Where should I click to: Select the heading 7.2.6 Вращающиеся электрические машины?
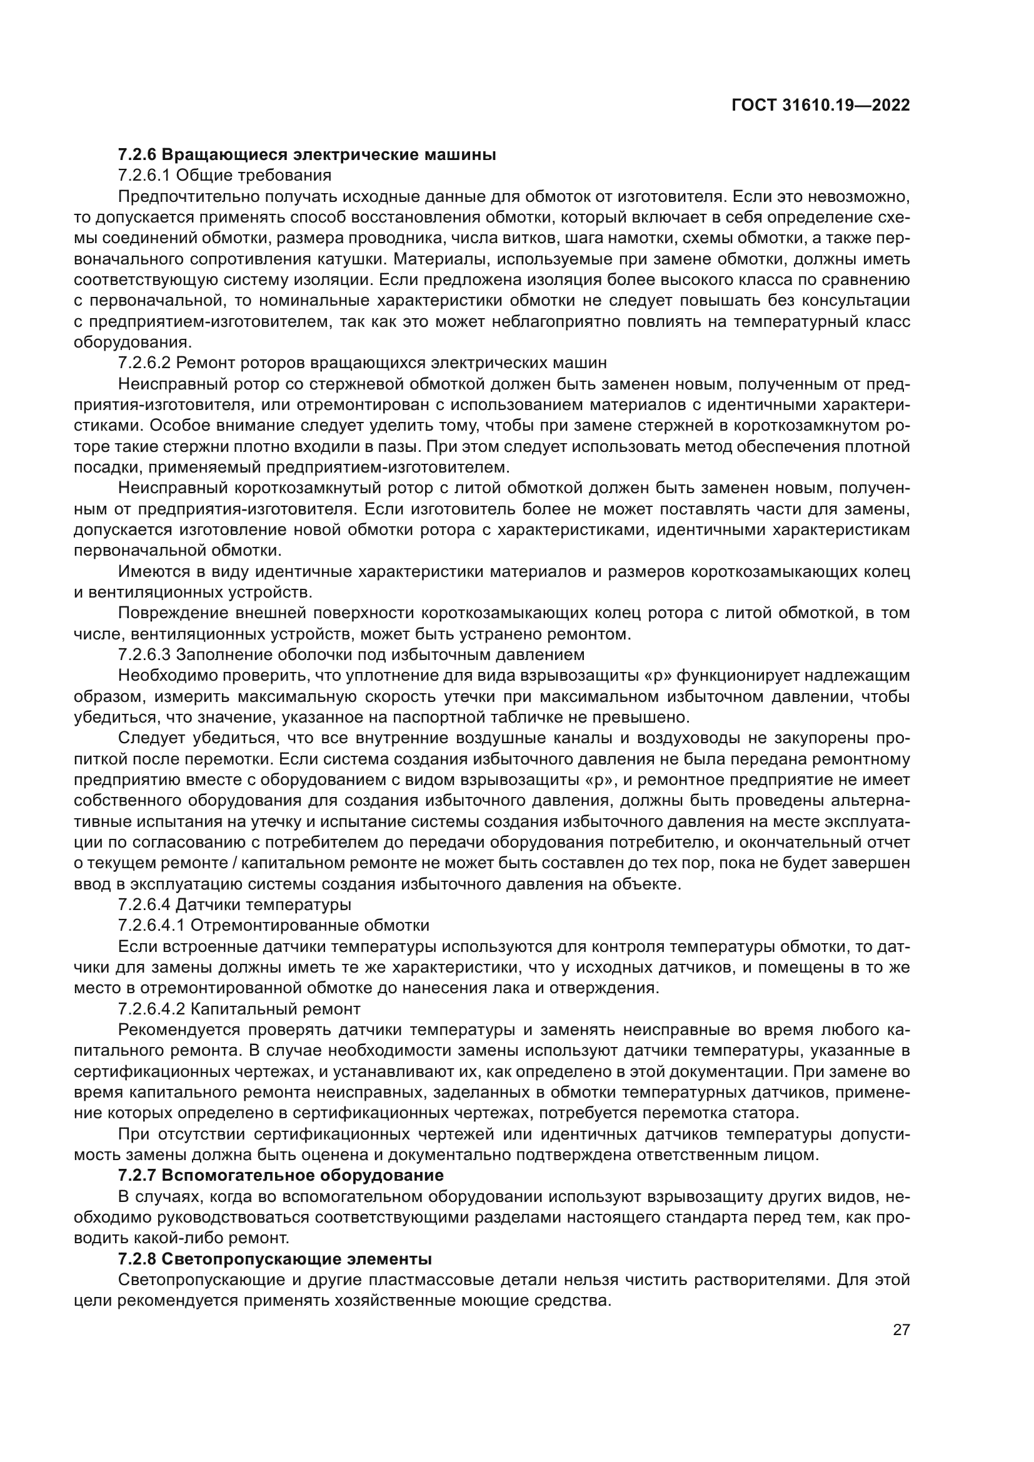[x=307, y=154]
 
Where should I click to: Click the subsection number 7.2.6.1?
[x=144, y=175]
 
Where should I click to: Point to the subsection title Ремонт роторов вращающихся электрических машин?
[x=391, y=363]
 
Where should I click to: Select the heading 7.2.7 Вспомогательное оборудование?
[x=281, y=1175]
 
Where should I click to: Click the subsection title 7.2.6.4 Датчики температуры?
[x=234, y=904]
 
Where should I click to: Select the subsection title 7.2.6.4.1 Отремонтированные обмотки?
[x=274, y=925]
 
